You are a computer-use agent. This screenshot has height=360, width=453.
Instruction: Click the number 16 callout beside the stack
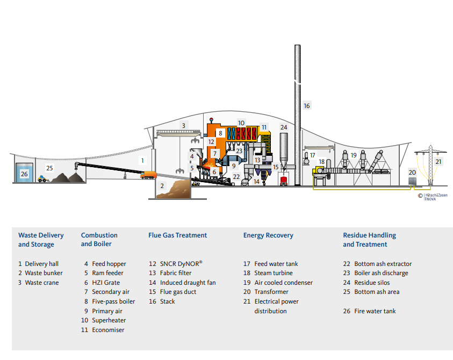(307, 106)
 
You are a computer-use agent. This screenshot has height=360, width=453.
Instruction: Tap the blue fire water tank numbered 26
(24, 174)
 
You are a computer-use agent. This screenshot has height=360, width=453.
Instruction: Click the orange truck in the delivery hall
(148, 175)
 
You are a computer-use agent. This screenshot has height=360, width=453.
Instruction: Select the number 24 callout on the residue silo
(284, 127)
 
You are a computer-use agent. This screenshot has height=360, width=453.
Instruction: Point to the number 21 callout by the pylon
(438, 161)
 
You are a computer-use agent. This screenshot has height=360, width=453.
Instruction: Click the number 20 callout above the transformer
(412, 172)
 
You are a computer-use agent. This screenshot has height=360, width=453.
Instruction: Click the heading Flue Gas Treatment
(177, 235)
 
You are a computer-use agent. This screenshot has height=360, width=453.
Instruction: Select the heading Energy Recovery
(268, 235)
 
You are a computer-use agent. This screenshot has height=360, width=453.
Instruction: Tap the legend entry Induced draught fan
(182, 283)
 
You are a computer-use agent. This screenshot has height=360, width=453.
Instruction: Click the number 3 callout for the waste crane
(183, 126)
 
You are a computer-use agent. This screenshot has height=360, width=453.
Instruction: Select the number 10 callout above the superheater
(241, 123)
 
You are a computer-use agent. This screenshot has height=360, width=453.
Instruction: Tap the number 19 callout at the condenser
(353, 155)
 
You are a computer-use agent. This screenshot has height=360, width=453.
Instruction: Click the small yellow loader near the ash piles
(41, 179)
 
